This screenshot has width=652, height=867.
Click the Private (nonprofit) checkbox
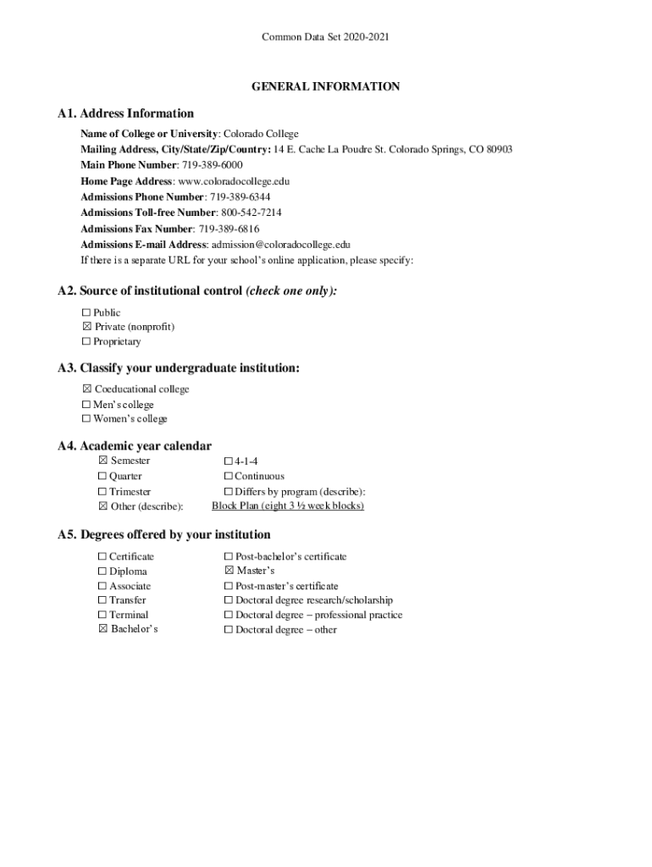86,327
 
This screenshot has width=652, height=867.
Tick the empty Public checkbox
86,312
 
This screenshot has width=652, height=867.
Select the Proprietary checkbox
86,342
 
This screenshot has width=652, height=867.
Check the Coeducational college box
86,389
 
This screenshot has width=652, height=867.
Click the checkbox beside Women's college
86,419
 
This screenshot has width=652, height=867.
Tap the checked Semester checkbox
102,461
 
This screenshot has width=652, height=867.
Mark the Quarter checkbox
102,477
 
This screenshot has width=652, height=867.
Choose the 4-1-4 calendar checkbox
228,461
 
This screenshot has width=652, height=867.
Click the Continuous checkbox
228,477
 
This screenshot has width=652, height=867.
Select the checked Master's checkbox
229,572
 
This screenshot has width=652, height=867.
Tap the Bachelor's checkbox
102,630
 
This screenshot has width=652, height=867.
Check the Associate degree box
102,586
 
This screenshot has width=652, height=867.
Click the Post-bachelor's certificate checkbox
229,557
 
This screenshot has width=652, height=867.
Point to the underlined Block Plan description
288,506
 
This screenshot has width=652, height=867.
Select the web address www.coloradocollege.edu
234,181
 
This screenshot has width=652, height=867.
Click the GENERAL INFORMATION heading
325,86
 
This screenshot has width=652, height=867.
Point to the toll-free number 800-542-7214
251,213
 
